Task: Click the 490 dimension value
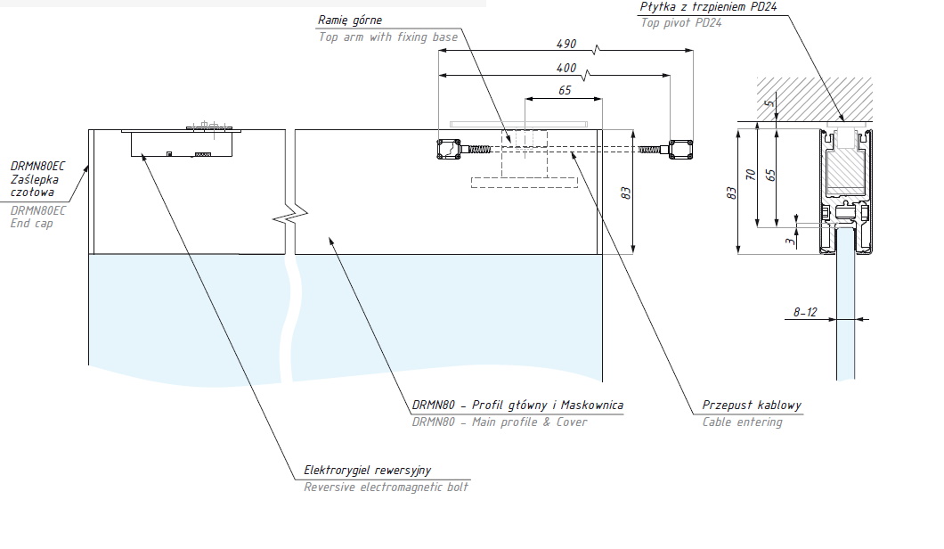[566, 44]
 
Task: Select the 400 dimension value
[566, 69]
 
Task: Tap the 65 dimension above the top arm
[565, 90]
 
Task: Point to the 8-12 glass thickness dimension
[805, 312]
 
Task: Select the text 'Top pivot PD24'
[681, 22]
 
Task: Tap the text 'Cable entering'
[742, 422]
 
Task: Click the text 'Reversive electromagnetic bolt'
[386, 487]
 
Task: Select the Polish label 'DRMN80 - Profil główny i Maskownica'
[517, 405]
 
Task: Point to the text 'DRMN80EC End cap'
[38, 217]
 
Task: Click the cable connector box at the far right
[682, 148]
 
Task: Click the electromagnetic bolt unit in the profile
[183, 143]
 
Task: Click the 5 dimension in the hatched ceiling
[770, 106]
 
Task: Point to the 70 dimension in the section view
[752, 176]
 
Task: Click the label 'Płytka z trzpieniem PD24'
[695, 7]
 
